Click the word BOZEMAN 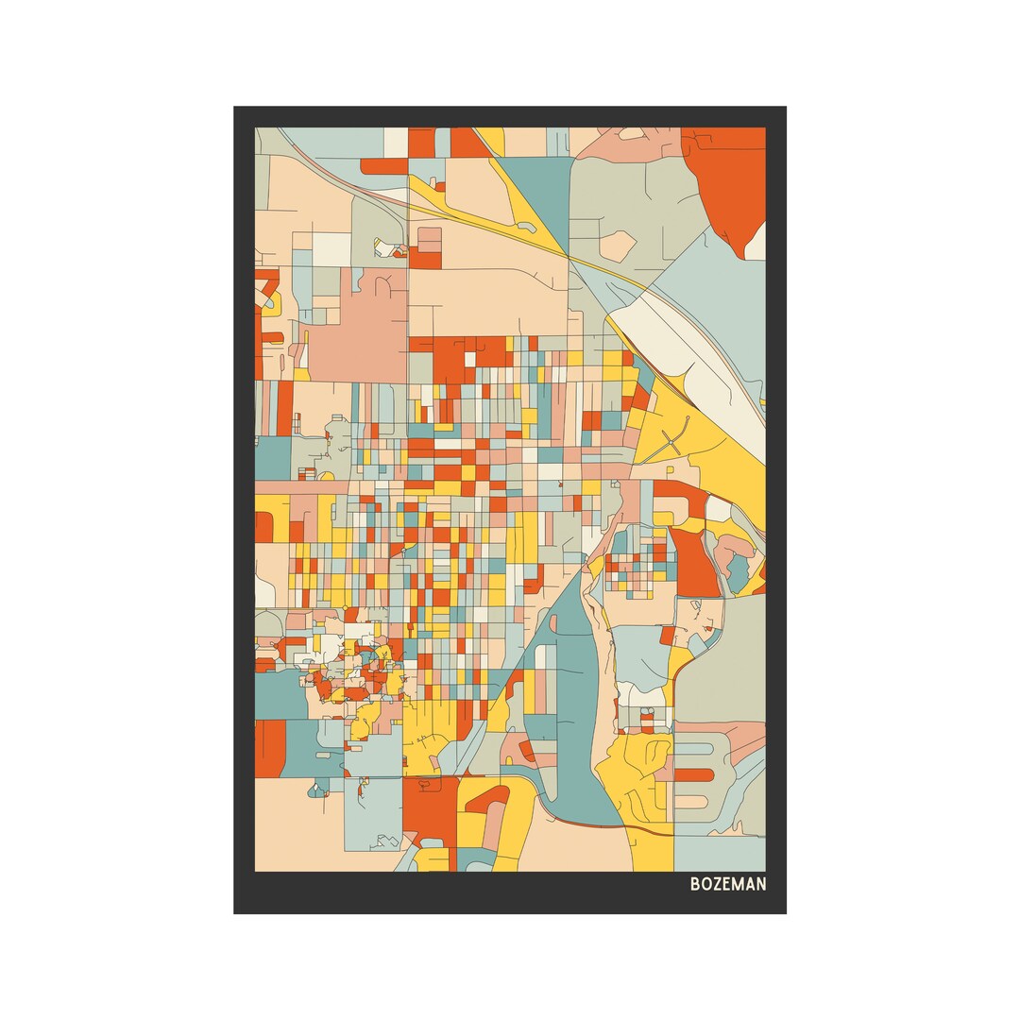coord(727,885)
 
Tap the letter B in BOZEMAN coord(695,885)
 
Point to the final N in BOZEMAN coord(760,885)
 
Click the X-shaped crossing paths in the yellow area coord(672,436)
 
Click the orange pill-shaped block coord(694,775)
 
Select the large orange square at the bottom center coord(430,807)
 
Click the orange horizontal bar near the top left coord(383,166)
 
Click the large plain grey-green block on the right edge coord(722,661)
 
